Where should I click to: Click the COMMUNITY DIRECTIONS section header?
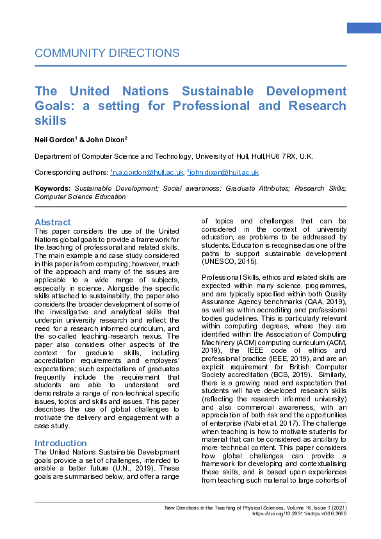click(107, 53)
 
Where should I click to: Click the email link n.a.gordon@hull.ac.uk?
click(148, 172)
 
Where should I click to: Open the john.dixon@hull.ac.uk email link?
click(224, 172)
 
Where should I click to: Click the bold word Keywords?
click(53, 189)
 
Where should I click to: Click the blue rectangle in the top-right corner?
click(364, 28)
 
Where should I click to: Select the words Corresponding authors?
click(71, 172)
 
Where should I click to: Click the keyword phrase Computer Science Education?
click(80, 197)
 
